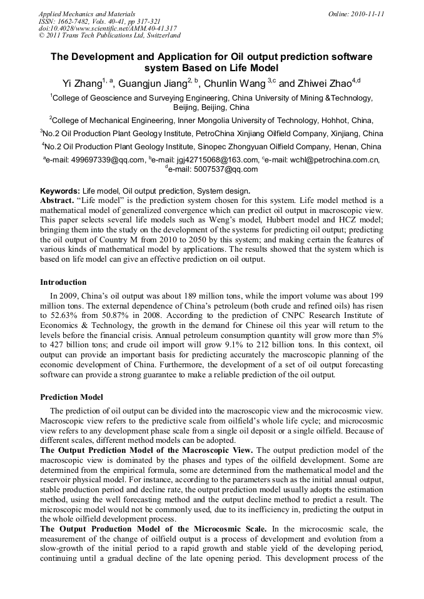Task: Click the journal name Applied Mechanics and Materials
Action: pyautogui.click(x=87, y=13)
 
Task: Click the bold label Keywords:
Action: pyautogui.click(x=61, y=191)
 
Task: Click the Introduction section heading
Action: pyautogui.click(x=63, y=282)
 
